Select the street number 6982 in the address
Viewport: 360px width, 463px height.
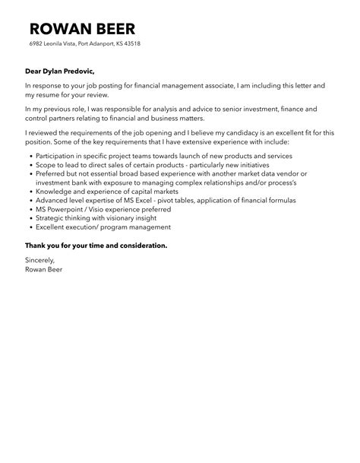37,44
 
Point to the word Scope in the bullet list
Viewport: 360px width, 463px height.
44,165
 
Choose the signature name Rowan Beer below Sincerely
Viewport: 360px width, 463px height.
44,269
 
